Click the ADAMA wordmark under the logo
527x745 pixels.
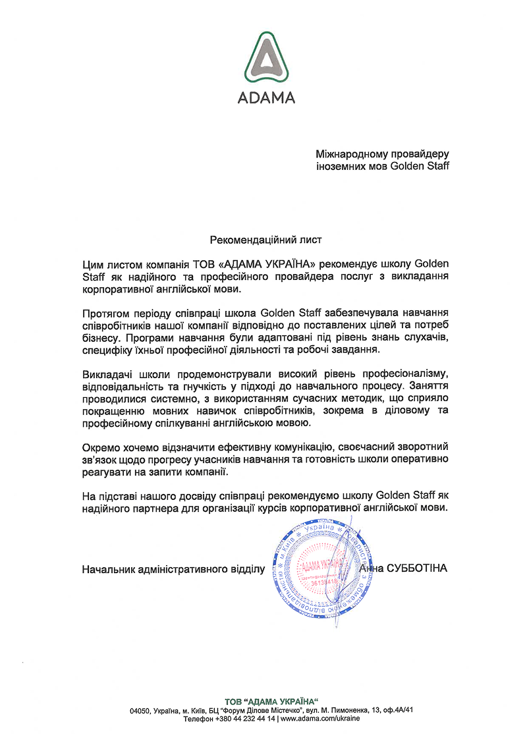pyautogui.click(x=266, y=98)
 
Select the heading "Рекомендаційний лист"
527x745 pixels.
pyautogui.click(x=266, y=240)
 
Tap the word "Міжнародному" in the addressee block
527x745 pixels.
pyautogui.click(x=350, y=154)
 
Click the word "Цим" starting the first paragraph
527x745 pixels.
pyautogui.click(x=92, y=265)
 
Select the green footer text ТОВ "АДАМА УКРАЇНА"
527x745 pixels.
pyautogui.click(x=271, y=700)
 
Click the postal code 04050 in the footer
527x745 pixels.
pyautogui.click(x=141, y=710)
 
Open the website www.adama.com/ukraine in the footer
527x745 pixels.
pyautogui.click(x=321, y=719)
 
